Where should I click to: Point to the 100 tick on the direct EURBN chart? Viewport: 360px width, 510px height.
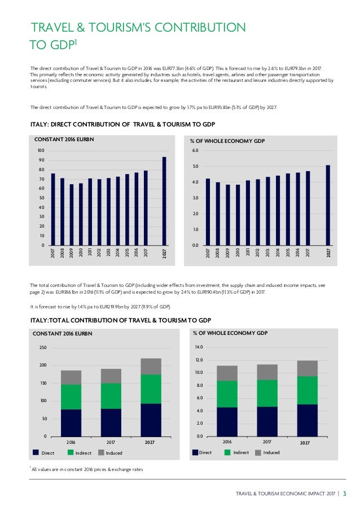point(39,151)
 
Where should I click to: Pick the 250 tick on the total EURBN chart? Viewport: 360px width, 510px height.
point(42,348)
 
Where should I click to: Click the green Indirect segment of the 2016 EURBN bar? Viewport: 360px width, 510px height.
point(71,396)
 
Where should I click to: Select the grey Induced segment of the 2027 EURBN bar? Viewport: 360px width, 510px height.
point(151,366)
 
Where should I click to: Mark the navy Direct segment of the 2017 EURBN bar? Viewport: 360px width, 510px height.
point(111,422)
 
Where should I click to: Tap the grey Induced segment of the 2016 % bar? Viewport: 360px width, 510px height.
point(227,373)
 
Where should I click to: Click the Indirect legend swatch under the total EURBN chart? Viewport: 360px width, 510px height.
point(71,452)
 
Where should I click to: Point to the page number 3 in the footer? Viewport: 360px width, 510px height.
point(345,495)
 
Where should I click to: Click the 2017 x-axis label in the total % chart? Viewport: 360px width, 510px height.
point(267,442)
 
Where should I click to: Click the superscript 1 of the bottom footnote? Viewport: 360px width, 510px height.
point(29,467)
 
